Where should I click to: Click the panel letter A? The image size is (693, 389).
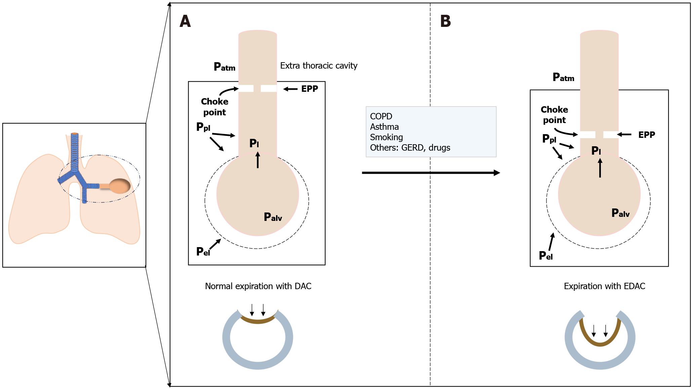pos(185,21)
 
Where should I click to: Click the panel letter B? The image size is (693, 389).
pos(446,21)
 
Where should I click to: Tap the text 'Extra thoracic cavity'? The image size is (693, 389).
pos(318,66)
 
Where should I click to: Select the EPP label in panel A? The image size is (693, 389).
pos(309,89)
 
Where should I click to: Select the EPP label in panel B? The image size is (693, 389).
pos(647,135)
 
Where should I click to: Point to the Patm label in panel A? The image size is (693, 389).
pos(224,67)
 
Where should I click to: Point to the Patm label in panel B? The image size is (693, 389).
pos(563,77)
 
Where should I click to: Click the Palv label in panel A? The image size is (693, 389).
pos(273,217)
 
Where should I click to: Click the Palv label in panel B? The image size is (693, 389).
pos(620,213)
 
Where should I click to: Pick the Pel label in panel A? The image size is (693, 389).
pos(203,251)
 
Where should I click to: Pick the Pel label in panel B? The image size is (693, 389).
pos(546,256)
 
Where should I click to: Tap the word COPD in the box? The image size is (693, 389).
pos(381,116)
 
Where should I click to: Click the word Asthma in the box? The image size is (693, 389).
pos(384,127)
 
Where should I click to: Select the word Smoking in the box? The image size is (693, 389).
pos(386,137)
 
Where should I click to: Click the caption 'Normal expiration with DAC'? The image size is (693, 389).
pos(258,286)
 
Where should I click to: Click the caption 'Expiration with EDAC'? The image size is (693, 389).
pos(604,286)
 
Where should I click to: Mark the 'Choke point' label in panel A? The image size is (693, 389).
pos(215,107)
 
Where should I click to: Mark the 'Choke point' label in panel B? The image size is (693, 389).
pos(554,115)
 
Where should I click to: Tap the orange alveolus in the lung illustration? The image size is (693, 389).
pos(120,186)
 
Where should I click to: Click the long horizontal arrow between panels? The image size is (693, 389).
pos(430,173)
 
